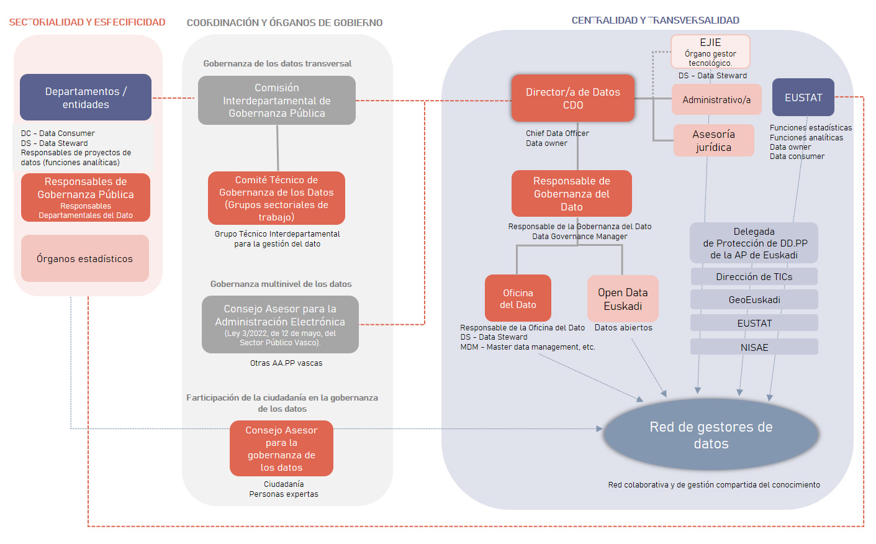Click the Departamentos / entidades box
coord(86,97)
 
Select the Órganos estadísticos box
coord(85,258)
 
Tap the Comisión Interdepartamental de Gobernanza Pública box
coord(277,101)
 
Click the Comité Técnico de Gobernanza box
coord(276,198)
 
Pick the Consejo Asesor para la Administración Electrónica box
coord(280,324)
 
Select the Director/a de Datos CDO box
coord(572,98)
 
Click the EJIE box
coord(710,52)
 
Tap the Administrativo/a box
coord(716,100)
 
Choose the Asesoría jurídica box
coord(713,140)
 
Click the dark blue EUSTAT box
coord(803,97)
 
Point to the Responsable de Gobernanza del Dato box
coord(571,194)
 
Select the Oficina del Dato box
coord(518,298)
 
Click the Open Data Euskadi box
coord(623,299)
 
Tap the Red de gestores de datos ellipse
coord(711,435)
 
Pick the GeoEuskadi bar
coord(754,299)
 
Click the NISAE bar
coord(754,347)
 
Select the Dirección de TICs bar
coord(754,276)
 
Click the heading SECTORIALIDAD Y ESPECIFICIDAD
coord(87,22)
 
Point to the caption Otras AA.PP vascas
coord(286,363)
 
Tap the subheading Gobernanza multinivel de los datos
coord(281,284)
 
